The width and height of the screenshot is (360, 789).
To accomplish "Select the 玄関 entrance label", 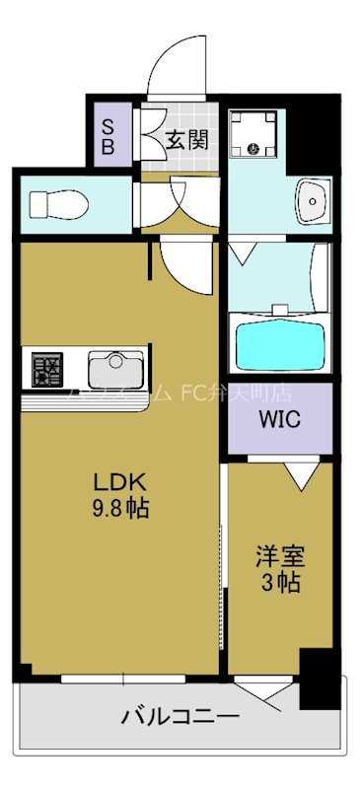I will [186, 139].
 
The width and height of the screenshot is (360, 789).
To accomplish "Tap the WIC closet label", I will [279, 417].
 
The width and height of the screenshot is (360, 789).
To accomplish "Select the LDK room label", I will [119, 483].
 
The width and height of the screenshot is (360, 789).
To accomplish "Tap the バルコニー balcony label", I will [178, 717].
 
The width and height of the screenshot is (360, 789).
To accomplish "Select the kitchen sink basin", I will [115, 370].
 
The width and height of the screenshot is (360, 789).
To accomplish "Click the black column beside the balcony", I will [318, 678].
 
